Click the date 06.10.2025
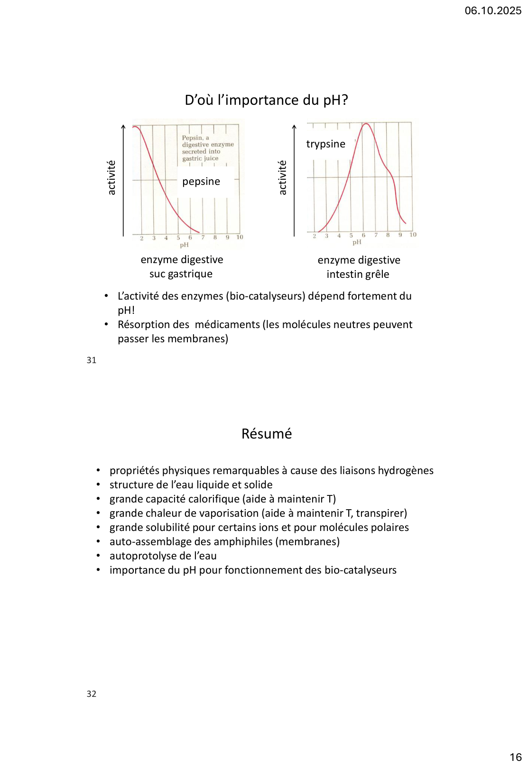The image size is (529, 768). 492,11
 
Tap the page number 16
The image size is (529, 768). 515,757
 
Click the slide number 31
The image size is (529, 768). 92,360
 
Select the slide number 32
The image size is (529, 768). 92,694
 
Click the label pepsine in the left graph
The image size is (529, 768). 201,182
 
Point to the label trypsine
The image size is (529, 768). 325,144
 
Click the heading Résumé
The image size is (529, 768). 267,434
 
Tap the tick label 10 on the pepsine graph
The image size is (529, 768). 240,238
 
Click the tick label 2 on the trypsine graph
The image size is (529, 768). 314,236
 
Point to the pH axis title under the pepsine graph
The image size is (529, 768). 184,245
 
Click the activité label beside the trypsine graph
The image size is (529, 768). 283,178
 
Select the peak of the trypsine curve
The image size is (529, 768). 367,124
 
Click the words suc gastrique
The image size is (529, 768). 181,274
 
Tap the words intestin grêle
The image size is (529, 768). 358,274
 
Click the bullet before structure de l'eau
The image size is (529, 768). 98,485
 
